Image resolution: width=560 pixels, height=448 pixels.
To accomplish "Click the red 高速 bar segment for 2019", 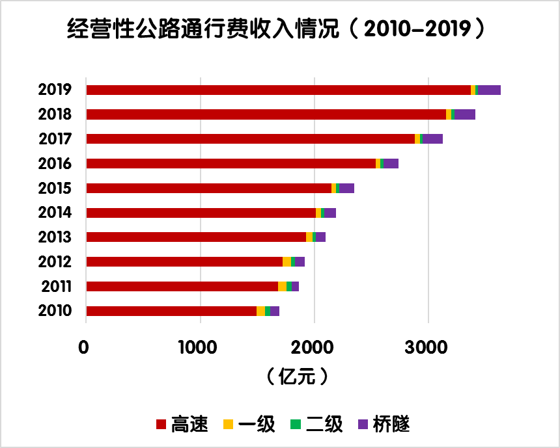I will (278, 90).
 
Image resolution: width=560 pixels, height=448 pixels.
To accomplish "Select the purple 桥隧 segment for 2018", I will (465, 114).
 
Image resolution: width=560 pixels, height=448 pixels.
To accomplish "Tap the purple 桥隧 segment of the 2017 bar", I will (432, 139).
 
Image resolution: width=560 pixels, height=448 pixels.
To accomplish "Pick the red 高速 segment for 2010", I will (171, 311).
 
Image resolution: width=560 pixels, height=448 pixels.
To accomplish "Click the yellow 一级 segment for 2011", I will (282, 287).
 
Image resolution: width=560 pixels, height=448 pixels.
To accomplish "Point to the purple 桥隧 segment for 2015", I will (346, 189).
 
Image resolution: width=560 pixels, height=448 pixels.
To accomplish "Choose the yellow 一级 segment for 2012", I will (287, 262).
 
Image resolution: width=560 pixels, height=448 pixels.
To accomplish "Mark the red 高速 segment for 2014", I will (201, 213).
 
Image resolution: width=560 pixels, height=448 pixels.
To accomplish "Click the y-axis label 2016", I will (55, 163).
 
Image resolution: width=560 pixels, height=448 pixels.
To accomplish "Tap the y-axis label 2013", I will (55, 237).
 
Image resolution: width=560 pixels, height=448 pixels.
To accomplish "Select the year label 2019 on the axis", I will (55, 90).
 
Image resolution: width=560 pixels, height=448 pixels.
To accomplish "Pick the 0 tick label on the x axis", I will (84, 347).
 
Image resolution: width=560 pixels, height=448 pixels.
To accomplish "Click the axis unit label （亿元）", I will (296, 376).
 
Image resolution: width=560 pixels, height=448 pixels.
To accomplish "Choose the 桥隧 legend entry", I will (384, 425).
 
